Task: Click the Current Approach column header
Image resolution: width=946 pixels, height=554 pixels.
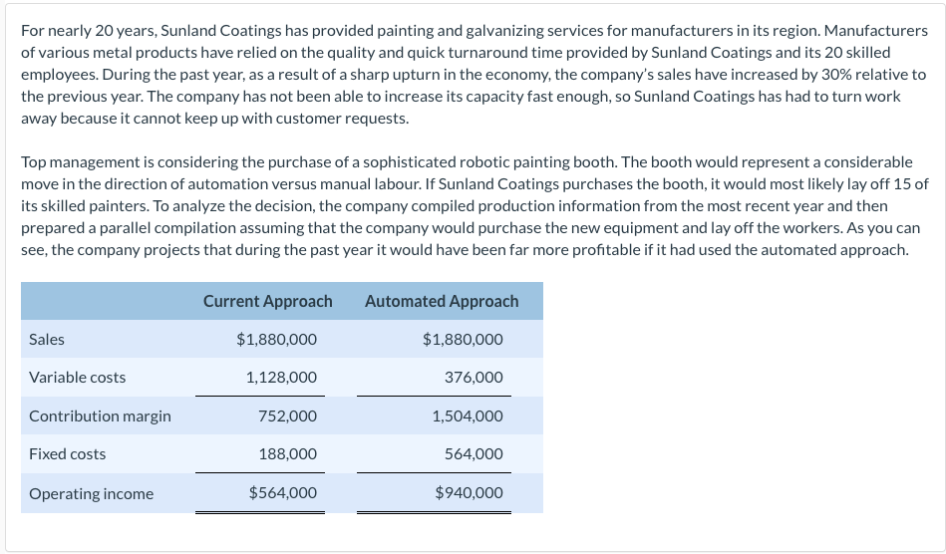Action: (x=267, y=301)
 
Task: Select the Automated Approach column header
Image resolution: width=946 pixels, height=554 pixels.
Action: (x=442, y=301)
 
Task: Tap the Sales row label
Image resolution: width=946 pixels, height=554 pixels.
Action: (x=47, y=340)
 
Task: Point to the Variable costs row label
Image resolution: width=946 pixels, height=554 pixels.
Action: (x=77, y=378)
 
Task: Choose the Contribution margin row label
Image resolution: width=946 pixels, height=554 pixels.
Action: (x=100, y=416)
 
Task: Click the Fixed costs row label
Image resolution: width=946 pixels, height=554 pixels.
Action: (x=67, y=454)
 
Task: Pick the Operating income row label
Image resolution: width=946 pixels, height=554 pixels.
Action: (x=91, y=494)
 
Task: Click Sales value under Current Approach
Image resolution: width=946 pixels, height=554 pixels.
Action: (x=276, y=340)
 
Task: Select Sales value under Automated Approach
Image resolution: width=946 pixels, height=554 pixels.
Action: (x=463, y=340)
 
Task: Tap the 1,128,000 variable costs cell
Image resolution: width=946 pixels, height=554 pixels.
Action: (x=281, y=378)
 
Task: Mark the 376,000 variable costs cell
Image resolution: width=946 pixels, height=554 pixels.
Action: (x=473, y=378)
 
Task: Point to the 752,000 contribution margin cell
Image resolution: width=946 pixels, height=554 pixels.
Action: (x=287, y=416)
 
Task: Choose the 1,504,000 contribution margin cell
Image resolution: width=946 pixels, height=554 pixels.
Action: (x=468, y=416)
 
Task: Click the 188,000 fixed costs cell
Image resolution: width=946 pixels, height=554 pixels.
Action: (x=287, y=454)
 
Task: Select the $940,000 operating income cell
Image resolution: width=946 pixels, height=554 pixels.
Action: (x=469, y=493)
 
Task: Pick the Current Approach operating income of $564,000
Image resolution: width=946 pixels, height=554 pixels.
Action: (x=283, y=493)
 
